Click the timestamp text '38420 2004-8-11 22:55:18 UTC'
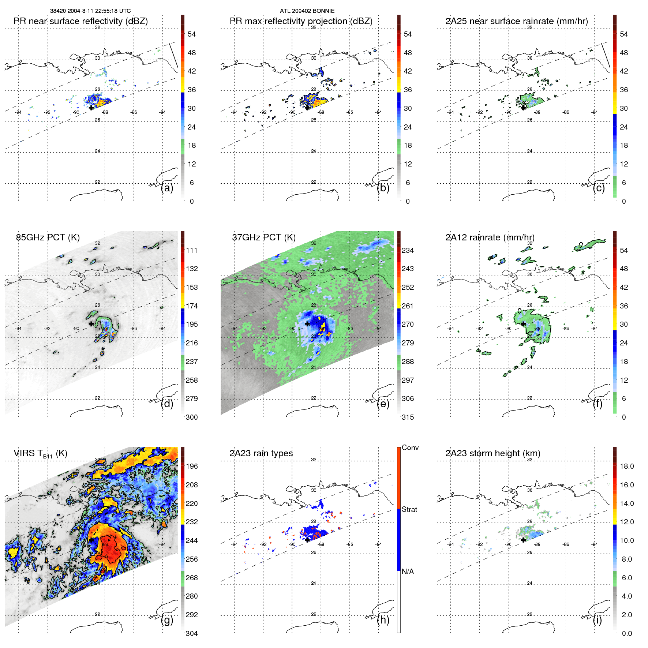click(90, 11)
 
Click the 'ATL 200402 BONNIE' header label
click(307, 11)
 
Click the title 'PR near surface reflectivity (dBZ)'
click(80, 21)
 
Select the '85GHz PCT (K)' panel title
click(48, 237)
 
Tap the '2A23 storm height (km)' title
click(492, 453)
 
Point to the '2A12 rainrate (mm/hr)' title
click(490, 237)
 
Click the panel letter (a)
click(167, 188)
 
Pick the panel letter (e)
click(383, 404)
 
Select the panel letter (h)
click(383, 620)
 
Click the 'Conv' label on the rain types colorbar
click(410, 447)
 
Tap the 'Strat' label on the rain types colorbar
click(409, 509)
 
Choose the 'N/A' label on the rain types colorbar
click(408, 572)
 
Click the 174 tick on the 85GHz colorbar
click(191, 306)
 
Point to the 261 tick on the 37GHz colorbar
click(408, 306)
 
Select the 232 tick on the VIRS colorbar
click(191, 522)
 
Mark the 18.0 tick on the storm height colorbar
click(626, 466)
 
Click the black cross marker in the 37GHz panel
click(307, 324)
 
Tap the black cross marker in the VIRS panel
click(91, 540)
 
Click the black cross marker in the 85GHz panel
click(91, 324)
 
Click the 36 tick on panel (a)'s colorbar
click(191, 90)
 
